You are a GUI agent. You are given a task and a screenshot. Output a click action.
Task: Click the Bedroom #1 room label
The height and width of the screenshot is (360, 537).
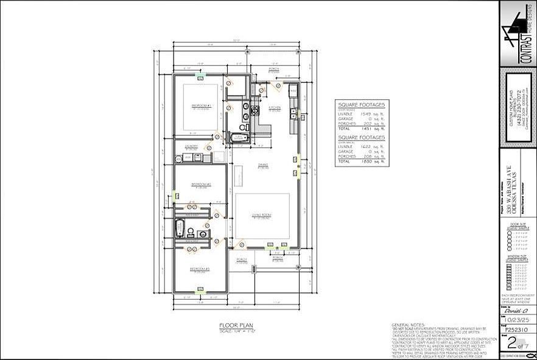(201, 106)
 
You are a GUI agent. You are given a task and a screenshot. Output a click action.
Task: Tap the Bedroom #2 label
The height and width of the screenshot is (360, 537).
(200, 184)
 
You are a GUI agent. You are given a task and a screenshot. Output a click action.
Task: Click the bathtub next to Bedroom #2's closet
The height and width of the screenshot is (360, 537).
(179, 230)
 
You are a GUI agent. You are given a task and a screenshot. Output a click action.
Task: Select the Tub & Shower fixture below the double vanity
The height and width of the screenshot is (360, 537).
(236, 138)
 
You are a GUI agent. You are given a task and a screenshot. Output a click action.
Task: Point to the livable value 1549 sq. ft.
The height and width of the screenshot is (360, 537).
(365, 113)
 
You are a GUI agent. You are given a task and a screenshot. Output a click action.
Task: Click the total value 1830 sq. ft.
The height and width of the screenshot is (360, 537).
(365, 161)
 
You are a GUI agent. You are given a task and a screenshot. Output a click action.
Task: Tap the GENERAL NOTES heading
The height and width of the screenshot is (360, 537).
(407, 325)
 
